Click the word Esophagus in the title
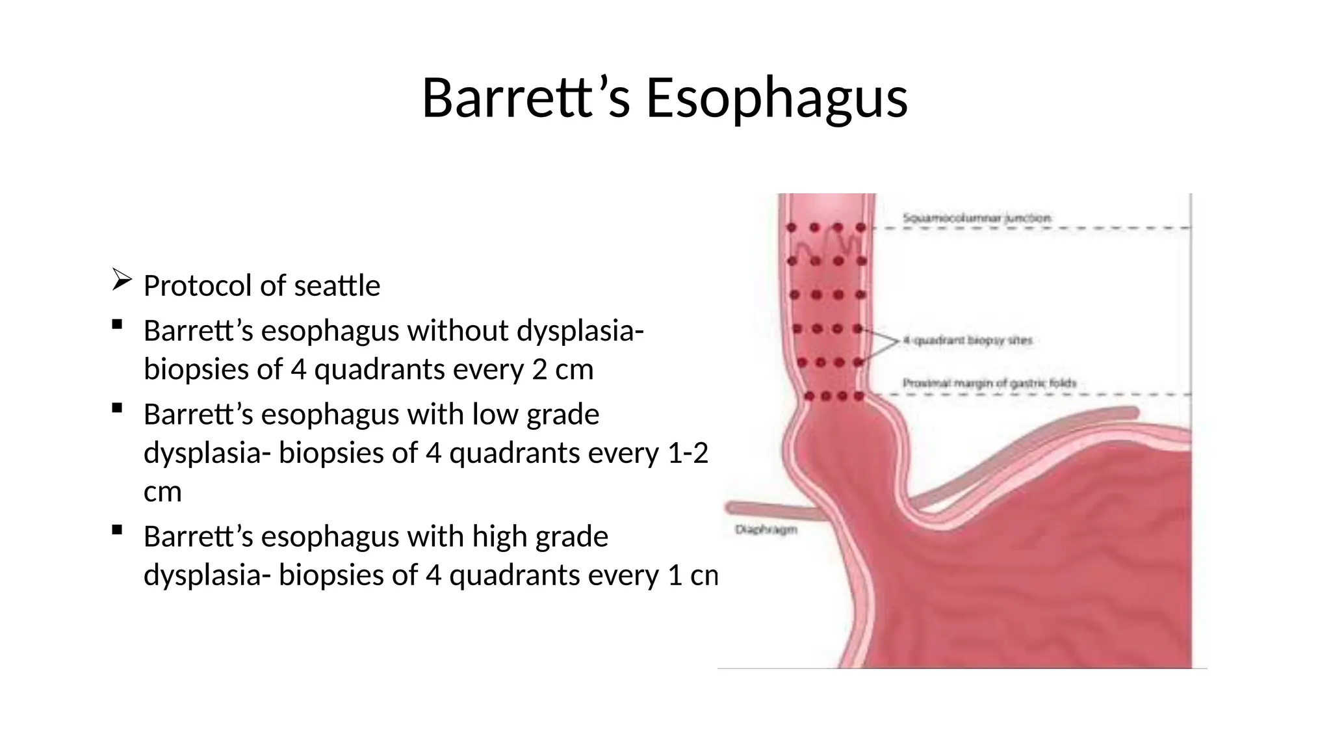tap(777, 98)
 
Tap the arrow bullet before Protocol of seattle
tap(122, 280)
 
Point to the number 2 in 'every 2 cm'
tap(539, 369)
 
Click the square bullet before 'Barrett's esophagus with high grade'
tap(117, 530)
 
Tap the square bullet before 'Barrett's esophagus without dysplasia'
tap(117, 324)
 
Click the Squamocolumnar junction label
tap(976, 218)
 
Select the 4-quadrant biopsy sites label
tap(967, 340)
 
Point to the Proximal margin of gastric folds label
tap(989, 384)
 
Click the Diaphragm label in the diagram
tap(766, 530)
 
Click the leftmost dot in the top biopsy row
tap(792, 228)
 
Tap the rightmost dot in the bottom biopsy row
tap(859, 395)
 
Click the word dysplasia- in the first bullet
tap(580, 330)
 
